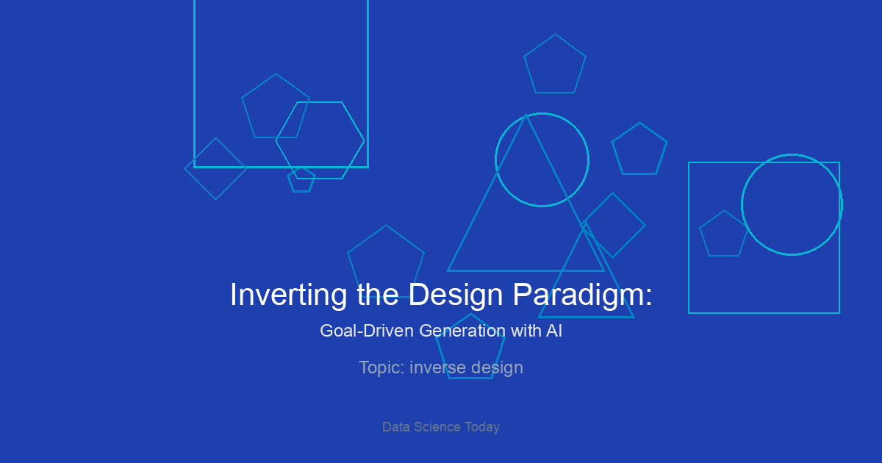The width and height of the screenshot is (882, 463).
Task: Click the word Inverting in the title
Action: [288, 295]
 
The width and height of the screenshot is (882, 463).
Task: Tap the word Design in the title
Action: [456, 295]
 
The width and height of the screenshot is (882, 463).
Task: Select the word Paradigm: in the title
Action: [582, 295]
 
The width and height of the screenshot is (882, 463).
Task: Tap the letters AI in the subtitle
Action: [554, 331]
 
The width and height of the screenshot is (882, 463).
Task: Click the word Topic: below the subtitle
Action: [382, 367]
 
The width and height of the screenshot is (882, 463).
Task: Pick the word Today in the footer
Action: [482, 427]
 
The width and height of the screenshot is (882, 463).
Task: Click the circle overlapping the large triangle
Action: [495, 159]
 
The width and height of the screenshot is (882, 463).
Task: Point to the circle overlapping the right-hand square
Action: [742, 205]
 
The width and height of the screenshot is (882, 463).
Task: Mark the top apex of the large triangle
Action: [526, 114]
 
